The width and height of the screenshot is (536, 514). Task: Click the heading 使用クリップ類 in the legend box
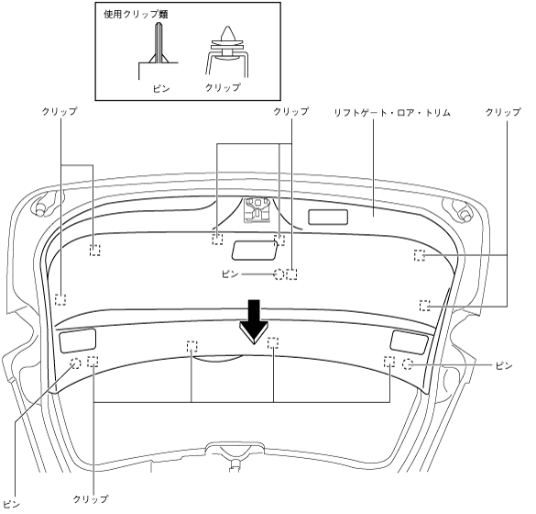[136, 15]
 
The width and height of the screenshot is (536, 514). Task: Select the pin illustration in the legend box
[158, 51]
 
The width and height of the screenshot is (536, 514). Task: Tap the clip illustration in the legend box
[227, 51]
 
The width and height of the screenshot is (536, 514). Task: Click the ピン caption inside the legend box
[161, 89]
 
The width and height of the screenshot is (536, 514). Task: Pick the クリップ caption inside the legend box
[223, 87]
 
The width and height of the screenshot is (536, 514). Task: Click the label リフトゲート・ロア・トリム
[392, 112]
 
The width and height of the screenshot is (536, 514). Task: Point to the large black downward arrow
[254, 322]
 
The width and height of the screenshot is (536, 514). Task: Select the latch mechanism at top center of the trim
[257, 209]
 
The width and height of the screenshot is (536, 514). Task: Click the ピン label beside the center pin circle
[230, 274]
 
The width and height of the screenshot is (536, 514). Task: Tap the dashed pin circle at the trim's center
[279, 274]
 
